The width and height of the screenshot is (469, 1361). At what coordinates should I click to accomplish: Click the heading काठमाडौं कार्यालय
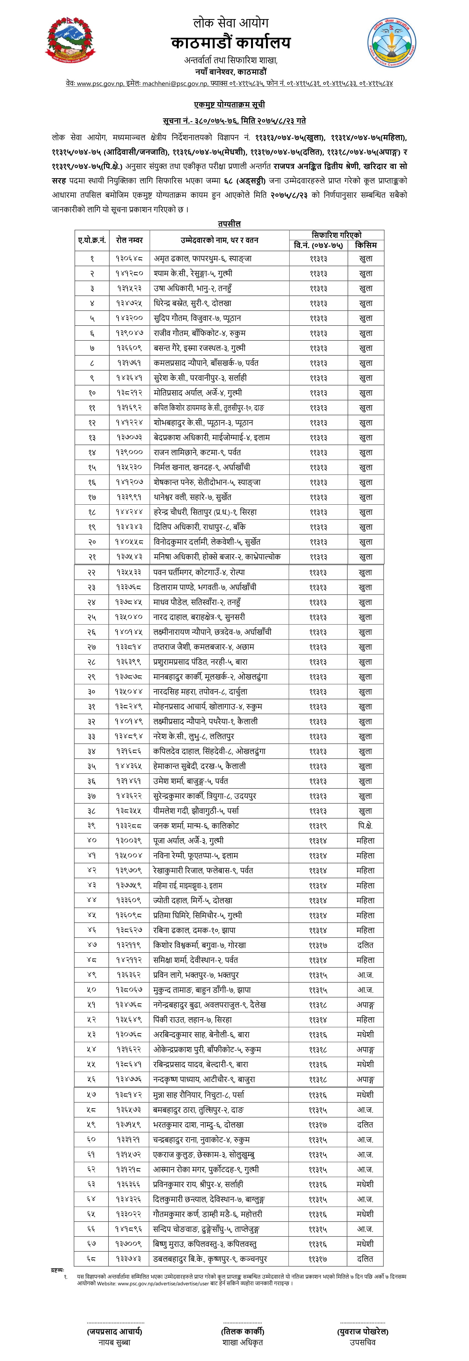click(231, 42)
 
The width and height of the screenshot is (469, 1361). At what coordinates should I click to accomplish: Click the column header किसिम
click(366, 245)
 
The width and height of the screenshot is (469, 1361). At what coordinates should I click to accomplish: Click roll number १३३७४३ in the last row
click(129, 1259)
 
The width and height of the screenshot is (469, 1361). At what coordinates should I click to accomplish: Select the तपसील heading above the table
click(229, 224)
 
